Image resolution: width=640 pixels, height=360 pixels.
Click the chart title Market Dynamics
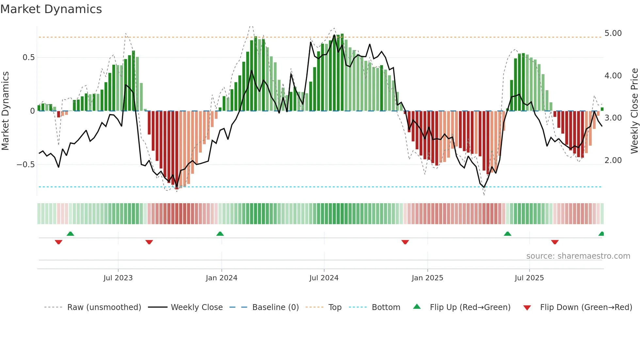(x=51, y=9)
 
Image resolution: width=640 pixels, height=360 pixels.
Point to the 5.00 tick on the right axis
(x=613, y=33)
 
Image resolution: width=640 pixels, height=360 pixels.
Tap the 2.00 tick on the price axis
(x=613, y=160)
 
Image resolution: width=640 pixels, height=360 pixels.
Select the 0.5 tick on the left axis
(x=28, y=57)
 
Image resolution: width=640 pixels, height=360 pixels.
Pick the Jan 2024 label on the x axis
(x=221, y=278)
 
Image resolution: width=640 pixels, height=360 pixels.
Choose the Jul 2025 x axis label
(x=529, y=278)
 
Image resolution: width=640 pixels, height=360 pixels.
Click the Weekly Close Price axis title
(x=634, y=111)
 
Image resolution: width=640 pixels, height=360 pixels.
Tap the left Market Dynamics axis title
(x=5, y=111)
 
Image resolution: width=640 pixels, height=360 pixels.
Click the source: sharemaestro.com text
(x=578, y=256)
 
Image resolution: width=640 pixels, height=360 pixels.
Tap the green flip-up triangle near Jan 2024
(x=220, y=234)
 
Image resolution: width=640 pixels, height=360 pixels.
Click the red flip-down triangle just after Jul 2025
(x=555, y=242)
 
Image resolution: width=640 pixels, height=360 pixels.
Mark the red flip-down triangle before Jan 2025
(x=405, y=242)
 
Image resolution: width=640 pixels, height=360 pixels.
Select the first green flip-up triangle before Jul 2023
(x=70, y=234)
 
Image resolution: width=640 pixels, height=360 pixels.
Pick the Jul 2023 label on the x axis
(x=118, y=278)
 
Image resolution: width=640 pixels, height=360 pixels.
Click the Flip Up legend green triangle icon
(x=417, y=307)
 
